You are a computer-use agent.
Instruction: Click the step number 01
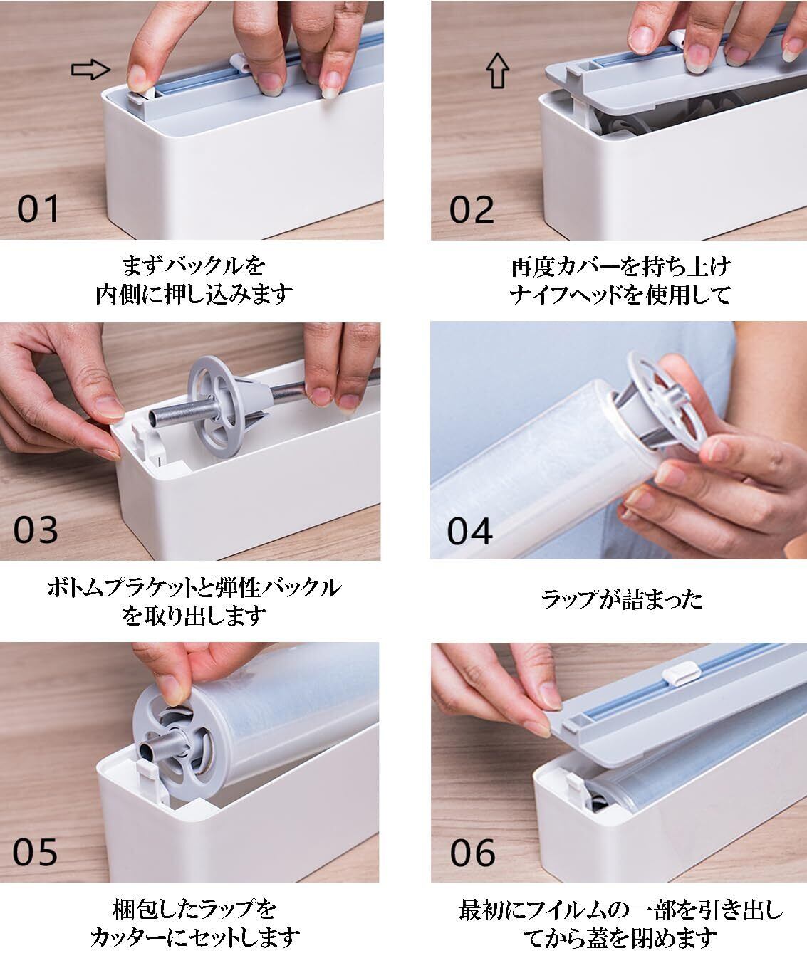tap(38, 209)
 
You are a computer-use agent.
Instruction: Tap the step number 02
tap(472, 209)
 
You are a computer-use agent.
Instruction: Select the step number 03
tap(36, 530)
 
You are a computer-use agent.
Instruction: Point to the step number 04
tap(469, 531)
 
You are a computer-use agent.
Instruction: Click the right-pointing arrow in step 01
tap(90, 70)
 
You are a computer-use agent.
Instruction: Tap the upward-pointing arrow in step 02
tap(498, 70)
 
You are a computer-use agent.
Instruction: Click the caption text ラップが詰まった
tap(622, 600)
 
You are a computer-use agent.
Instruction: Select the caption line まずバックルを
tap(194, 266)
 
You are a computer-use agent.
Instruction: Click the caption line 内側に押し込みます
tap(194, 294)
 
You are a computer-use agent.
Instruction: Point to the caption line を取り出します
tap(194, 616)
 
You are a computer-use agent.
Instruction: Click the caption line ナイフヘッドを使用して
tap(620, 295)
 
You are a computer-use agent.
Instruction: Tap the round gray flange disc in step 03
tap(218, 406)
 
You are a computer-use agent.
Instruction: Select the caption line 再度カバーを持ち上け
tap(620, 267)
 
